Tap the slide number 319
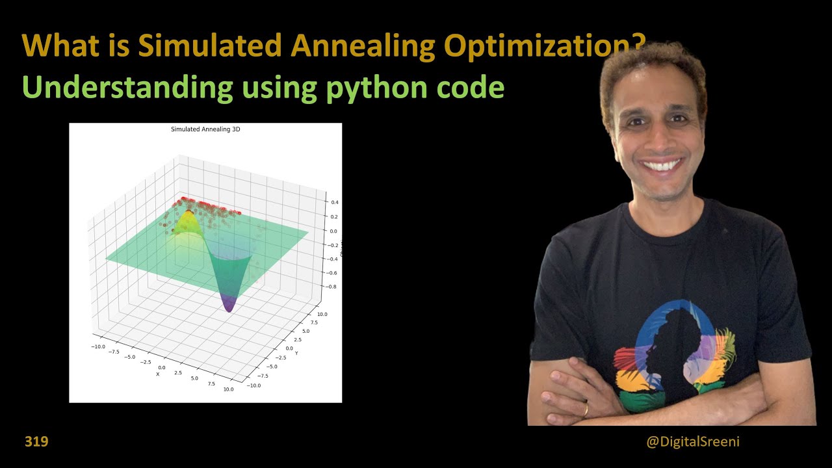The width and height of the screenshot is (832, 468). [36, 442]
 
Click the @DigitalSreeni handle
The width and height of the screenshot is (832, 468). [693, 442]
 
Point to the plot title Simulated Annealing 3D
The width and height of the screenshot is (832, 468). [205, 129]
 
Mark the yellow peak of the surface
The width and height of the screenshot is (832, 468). [188, 214]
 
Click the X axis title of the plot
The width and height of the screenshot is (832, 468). [157, 374]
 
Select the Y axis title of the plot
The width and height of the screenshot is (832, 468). [296, 353]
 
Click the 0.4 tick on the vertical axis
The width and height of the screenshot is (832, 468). [333, 203]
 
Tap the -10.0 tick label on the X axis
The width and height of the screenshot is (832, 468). [97, 347]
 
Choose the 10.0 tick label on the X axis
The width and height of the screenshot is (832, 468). [227, 389]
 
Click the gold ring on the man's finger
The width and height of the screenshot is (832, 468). [586, 409]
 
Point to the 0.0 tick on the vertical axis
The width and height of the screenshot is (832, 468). [333, 231]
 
